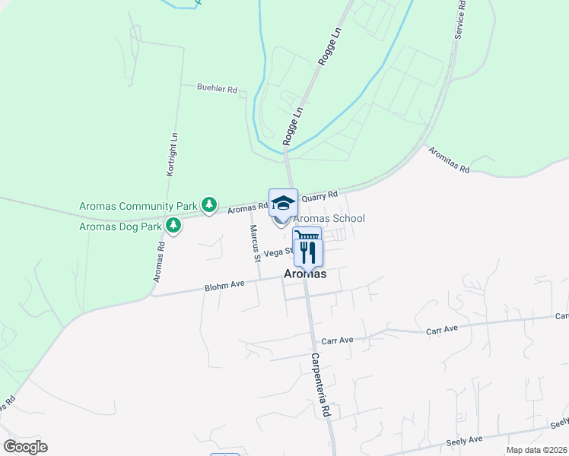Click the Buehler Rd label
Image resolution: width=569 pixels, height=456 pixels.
click(x=217, y=90)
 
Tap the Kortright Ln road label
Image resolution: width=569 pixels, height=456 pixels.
click(x=173, y=155)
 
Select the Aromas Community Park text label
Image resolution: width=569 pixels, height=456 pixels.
click(x=138, y=206)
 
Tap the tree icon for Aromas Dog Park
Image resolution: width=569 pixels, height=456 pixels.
click(x=174, y=226)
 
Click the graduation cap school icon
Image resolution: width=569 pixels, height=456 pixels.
click(x=283, y=203)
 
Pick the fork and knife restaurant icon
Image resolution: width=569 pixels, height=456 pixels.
click(x=308, y=252)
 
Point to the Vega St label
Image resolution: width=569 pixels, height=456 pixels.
click(x=278, y=252)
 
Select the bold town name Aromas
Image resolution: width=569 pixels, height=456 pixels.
click(x=305, y=274)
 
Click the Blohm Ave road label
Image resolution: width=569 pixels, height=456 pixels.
click(x=224, y=287)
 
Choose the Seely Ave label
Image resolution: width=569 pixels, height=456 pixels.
click(x=465, y=440)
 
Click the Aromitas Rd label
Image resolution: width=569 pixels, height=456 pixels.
click(x=449, y=160)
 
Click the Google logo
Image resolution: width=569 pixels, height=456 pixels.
click(x=25, y=447)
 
